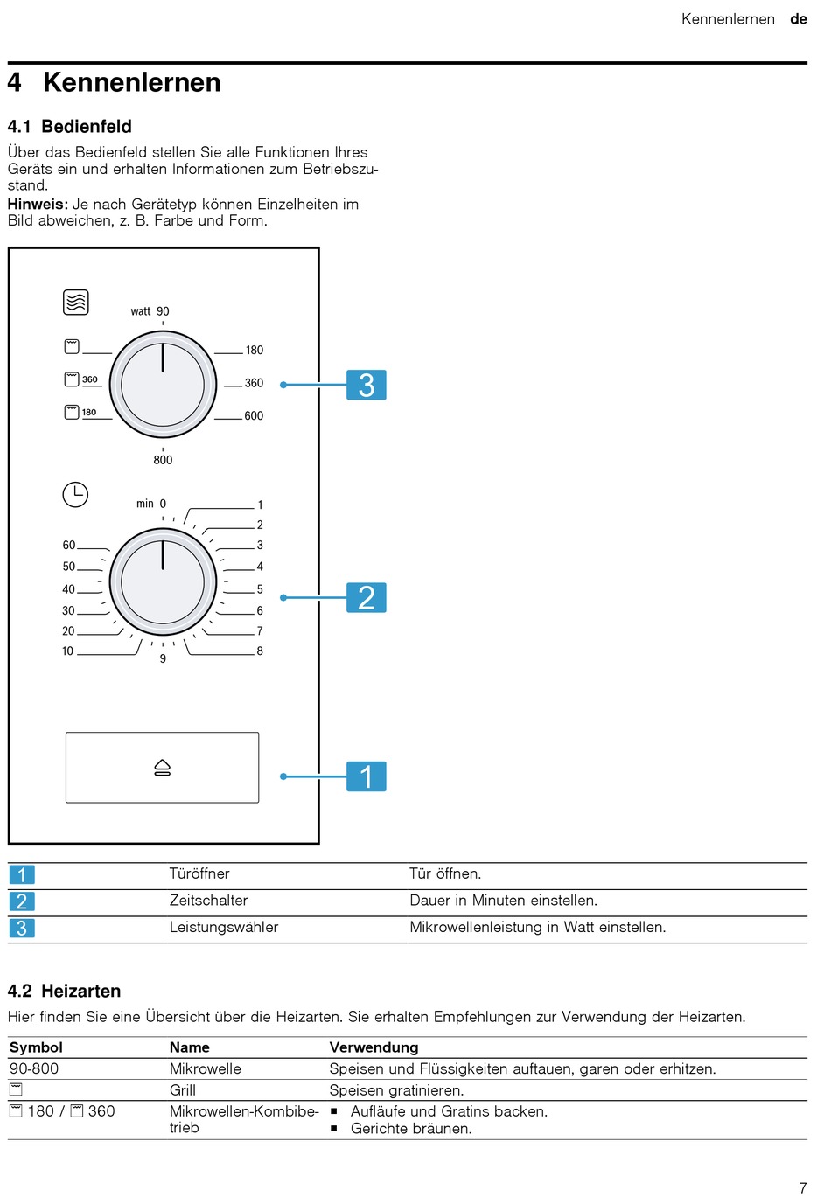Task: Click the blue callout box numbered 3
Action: tap(367, 385)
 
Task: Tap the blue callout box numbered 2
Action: tap(367, 598)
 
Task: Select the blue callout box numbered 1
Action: tap(367, 776)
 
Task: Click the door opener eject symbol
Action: tap(163, 768)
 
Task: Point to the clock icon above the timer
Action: tap(75, 494)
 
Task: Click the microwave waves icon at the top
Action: tap(76, 303)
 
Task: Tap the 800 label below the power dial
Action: tap(163, 460)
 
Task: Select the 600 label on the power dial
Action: tap(254, 416)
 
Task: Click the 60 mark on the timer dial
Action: tap(69, 545)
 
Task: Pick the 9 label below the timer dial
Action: tap(163, 658)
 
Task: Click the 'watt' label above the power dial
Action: tap(141, 311)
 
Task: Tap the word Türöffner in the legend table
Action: tap(199, 873)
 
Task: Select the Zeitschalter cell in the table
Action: tap(208, 901)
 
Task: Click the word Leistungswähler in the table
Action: tap(224, 927)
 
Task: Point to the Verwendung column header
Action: tap(374, 1047)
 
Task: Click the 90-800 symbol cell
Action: tap(34, 1068)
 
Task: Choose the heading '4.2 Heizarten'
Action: tap(64, 991)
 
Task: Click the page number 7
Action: tap(803, 1187)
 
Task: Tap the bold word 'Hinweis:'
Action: tap(38, 204)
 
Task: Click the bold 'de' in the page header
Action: tap(799, 19)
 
